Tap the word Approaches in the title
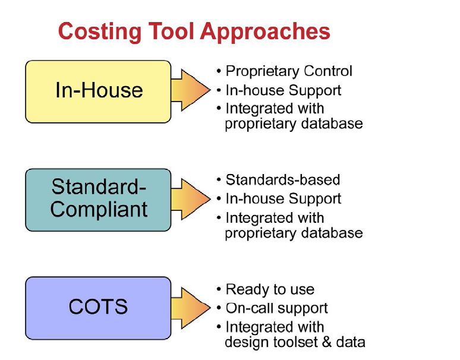[265, 31]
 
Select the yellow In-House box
[98, 91]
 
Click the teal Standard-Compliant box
[98, 200]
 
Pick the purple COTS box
[98, 308]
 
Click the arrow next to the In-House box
[191, 90]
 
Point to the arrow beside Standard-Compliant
[191, 199]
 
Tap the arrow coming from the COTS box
[191, 308]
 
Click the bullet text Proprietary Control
[289, 71]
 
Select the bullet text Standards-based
[283, 180]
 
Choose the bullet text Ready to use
[270, 289]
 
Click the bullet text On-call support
[276, 308]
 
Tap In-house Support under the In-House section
[283, 90]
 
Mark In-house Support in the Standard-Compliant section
[283, 199]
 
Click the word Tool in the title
[171, 31]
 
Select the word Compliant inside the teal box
[99, 209]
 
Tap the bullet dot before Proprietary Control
[219, 71]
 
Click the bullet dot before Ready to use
[219, 289]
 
